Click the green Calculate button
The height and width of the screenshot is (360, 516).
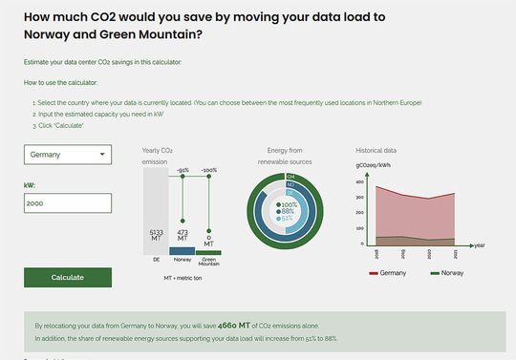coord(68,277)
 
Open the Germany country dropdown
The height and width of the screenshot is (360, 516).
coord(68,155)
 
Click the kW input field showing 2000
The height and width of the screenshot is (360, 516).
coord(68,203)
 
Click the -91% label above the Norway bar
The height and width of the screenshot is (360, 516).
coord(183,170)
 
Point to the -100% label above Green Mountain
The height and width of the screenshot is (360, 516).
coord(209,170)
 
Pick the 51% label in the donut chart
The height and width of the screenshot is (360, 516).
coord(288,219)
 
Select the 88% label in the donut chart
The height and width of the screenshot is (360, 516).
coord(288,211)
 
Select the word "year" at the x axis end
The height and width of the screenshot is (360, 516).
coord(479,245)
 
